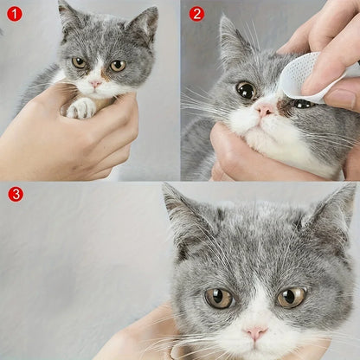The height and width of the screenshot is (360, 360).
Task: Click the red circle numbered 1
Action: [14, 14]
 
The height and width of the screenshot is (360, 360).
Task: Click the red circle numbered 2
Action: [196, 14]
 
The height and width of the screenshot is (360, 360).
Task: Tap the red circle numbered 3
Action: [16, 194]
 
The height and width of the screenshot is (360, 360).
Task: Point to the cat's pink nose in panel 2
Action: [265, 110]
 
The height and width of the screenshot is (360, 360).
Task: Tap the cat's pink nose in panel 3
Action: [255, 332]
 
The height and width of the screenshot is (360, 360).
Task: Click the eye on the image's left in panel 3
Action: [218, 298]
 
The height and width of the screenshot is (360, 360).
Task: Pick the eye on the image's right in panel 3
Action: [291, 297]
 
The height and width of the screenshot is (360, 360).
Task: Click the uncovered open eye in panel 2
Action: [246, 90]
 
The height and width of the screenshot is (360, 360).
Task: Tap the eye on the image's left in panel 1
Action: [79, 62]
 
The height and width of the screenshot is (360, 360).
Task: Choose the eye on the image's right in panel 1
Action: [117, 65]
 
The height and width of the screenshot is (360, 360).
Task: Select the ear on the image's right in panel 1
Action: [143, 24]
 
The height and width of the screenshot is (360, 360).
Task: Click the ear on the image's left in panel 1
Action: [67, 17]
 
